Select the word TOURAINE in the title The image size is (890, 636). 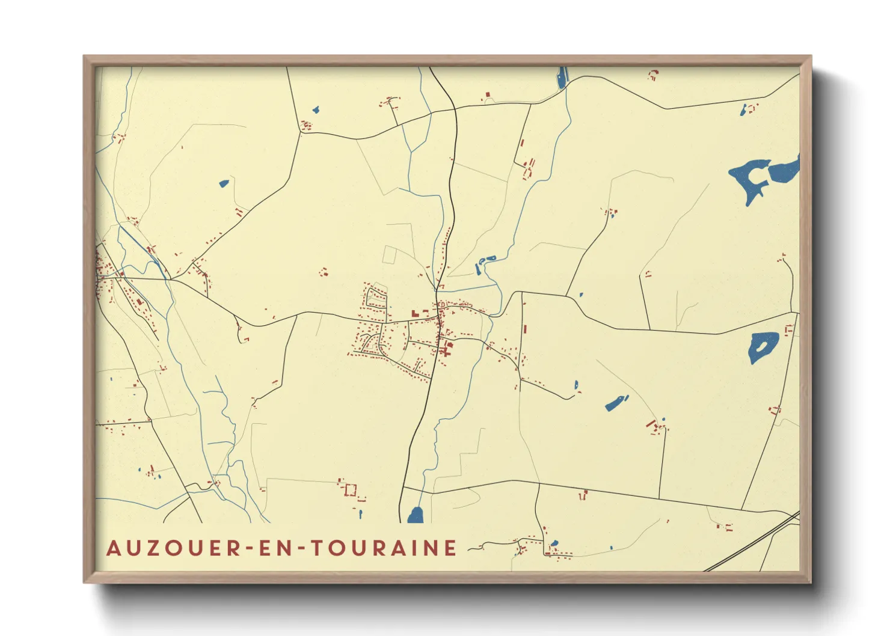383,548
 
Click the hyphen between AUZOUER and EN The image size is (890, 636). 249,548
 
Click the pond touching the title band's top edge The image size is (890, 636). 416,515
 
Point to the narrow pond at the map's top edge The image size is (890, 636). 562,77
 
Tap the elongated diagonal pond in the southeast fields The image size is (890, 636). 616,403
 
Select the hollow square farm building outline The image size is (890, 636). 350,490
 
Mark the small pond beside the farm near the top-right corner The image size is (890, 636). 744,109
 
